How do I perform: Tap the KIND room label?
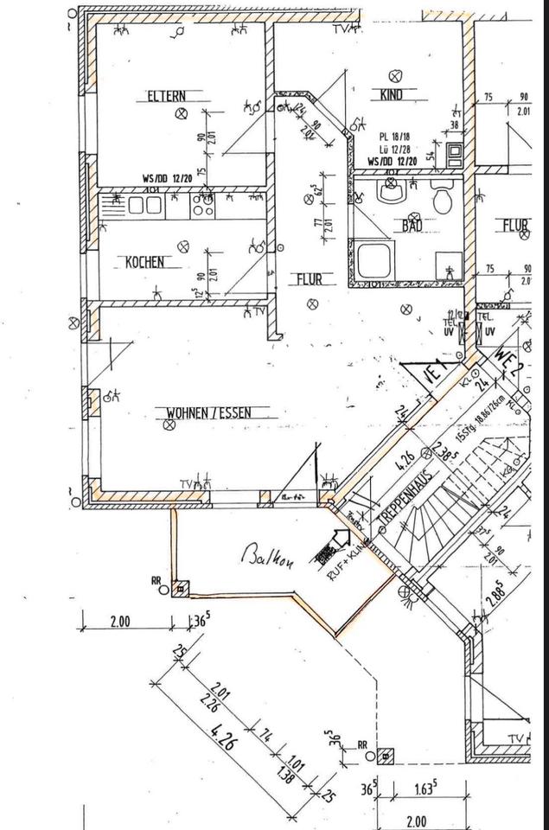click(393, 95)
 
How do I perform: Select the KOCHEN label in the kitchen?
click(144, 262)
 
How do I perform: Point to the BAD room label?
click(411, 227)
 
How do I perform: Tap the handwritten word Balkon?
click(269, 559)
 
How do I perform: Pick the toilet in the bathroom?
click(443, 200)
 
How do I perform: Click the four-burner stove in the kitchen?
click(202, 205)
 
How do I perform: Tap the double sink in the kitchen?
click(144, 204)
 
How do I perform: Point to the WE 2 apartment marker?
click(507, 356)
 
